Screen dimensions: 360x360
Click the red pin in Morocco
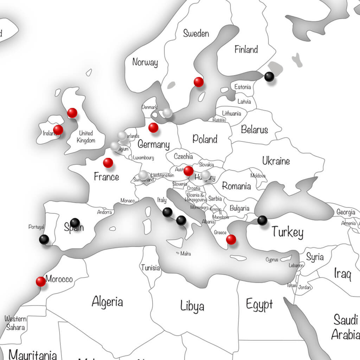pyautogui.click(x=41, y=281)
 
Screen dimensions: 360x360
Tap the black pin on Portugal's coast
pyautogui.click(x=44, y=239)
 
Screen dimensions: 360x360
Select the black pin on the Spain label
pyautogui.click(x=75, y=223)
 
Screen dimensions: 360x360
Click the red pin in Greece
pyautogui.click(x=231, y=239)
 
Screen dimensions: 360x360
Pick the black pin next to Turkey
pyautogui.click(x=262, y=220)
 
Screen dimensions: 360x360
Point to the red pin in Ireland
pyautogui.click(x=58, y=130)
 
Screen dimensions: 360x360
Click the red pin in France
pyautogui.click(x=108, y=163)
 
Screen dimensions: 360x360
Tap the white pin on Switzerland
pyautogui.click(x=143, y=174)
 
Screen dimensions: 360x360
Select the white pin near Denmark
pyautogui.click(x=167, y=112)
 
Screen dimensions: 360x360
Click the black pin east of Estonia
pyautogui.click(x=269, y=76)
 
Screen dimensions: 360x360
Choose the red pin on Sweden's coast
pyautogui.click(x=199, y=82)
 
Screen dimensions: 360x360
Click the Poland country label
pyautogui.click(x=205, y=139)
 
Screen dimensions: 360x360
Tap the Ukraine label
pyautogui.click(x=276, y=161)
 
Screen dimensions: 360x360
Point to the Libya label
pyautogui.click(x=192, y=306)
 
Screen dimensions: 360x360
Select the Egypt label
pyautogui.click(x=259, y=304)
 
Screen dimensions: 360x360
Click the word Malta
pyautogui.click(x=186, y=253)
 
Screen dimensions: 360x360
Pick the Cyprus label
pyautogui.click(x=272, y=260)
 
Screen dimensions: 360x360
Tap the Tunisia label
pyautogui.click(x=150, y=268)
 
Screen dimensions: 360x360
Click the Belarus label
pyautogui.click(x=255, y=130)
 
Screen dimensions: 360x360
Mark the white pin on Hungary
pyautogui.click(x=205, y=175)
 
